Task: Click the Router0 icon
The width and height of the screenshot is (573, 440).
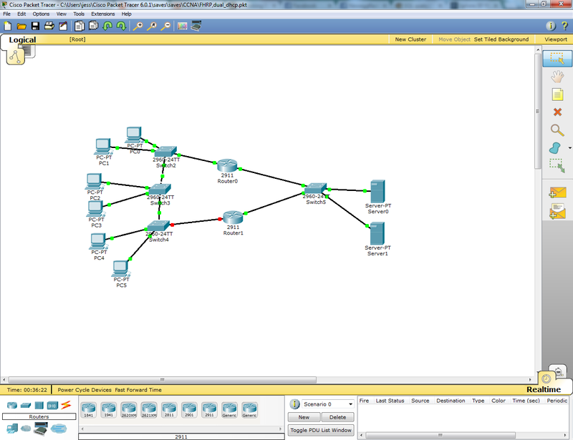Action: (227, 165)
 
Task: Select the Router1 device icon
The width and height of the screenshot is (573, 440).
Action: (233, 216)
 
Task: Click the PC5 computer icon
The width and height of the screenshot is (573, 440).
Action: (120, 268)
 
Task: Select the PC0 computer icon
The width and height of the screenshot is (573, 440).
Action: (134, 135)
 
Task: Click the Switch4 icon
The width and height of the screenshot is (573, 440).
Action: (158, 225)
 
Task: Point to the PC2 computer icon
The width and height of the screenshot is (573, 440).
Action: (95, 181)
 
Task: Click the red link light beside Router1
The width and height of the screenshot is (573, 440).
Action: (220, 218)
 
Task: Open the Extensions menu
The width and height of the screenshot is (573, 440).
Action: (102, 14)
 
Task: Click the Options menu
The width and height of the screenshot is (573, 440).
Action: (41, 14)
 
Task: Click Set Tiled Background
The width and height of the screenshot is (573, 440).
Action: (501, 39)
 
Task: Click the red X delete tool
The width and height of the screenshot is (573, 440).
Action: (557, 112)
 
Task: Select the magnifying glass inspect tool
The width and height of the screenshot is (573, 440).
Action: (557, 129)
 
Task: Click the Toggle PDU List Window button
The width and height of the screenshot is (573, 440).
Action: (321, 430)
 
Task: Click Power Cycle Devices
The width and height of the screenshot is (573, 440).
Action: (85, 390)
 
